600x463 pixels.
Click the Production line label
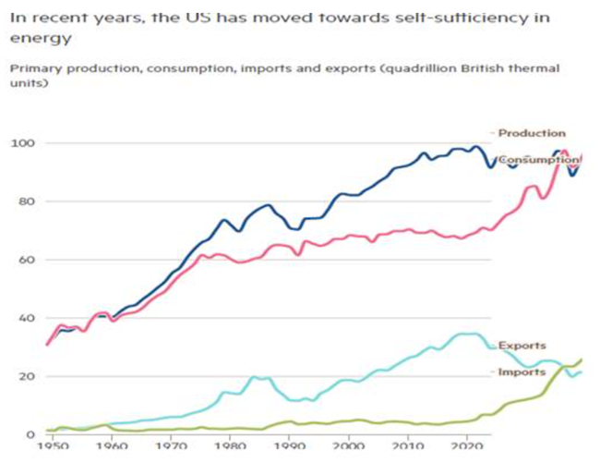pos(533,133)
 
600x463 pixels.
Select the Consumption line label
pos(539,160)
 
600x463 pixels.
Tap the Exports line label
pos(522,346)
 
